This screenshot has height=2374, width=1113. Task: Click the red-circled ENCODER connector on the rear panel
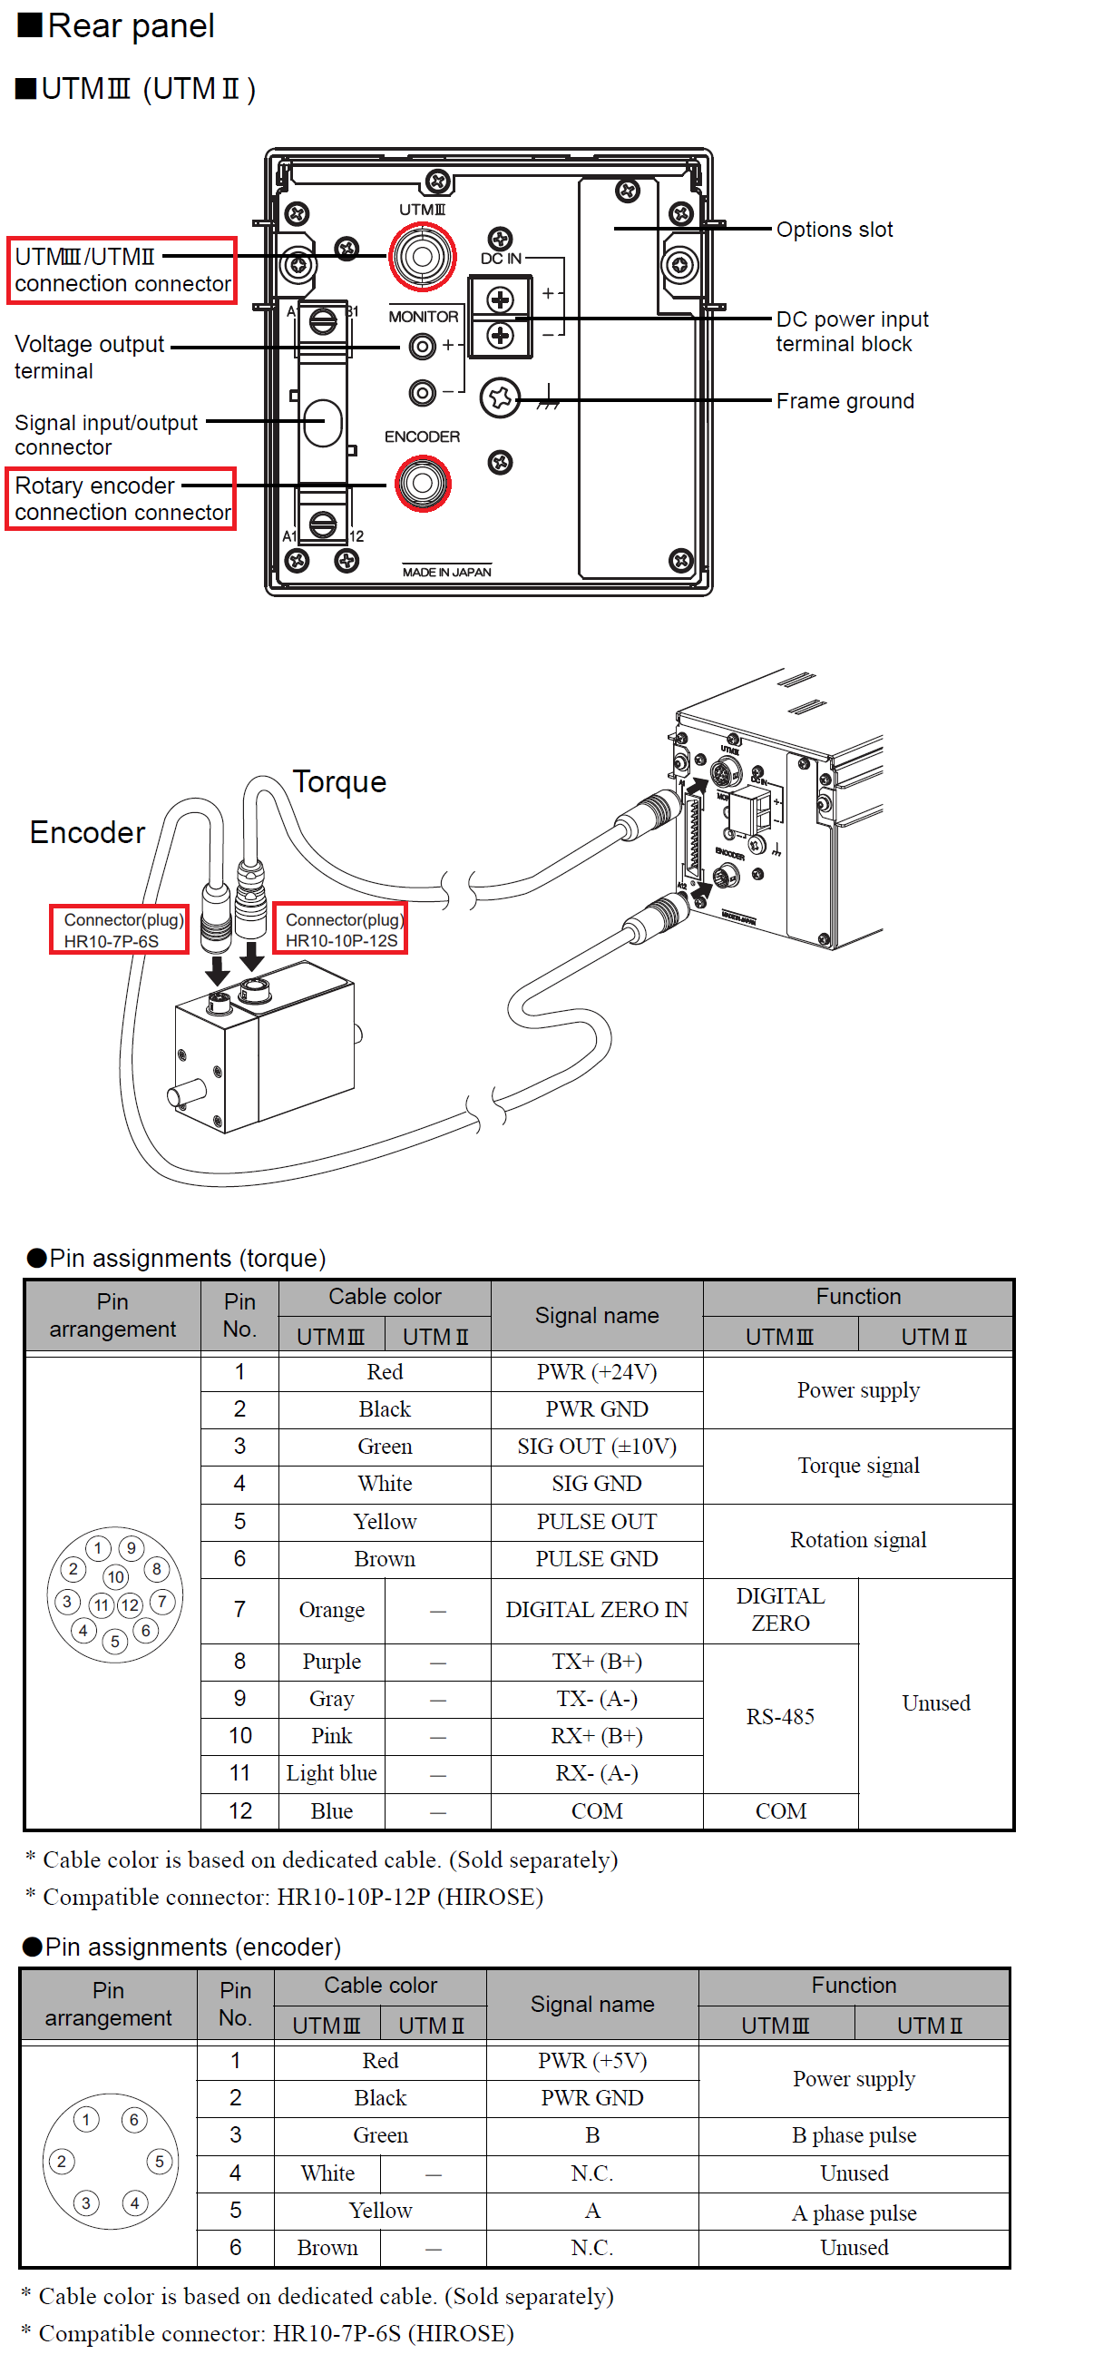click(x=423, y=484)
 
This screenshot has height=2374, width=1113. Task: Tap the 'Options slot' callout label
click(x=834, y=230)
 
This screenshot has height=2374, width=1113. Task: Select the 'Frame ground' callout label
click(x=845, y=401)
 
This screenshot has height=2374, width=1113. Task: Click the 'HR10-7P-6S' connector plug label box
click(x=119, y=930)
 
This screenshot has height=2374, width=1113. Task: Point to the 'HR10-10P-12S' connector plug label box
click(x=341, y=930)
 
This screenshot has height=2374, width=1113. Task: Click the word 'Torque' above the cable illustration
click(x=339, y=781)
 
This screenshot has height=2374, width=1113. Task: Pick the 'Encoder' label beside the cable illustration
click(x=87, y=832)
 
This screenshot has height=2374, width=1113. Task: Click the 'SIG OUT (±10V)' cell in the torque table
click(x=596, y=1447)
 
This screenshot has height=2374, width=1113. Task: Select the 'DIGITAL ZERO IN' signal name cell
click(x=596, y=1610)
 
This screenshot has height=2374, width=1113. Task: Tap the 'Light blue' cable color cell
click(x=331, y=1773)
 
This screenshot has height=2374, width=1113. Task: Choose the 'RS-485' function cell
click(x=779, y=1717)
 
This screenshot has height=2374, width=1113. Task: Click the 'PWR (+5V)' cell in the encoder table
click(x=592, y=2061)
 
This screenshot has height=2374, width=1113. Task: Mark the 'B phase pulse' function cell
click(x=854, y=2135)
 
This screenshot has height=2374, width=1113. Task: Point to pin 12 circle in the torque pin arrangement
click(x=130, y=1604)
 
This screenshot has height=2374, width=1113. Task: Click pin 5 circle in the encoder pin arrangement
click(x=159, y=2161)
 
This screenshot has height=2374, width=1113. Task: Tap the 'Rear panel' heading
click(x=130, y=25)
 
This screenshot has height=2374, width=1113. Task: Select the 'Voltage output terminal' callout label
click(x=89, y=357)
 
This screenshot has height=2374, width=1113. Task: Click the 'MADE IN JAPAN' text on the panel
click(x=447, y=572)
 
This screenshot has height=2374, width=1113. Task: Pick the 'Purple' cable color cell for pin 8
click(x=331, y=1662)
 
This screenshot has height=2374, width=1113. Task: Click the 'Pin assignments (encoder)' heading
click(x=191, y=1947)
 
